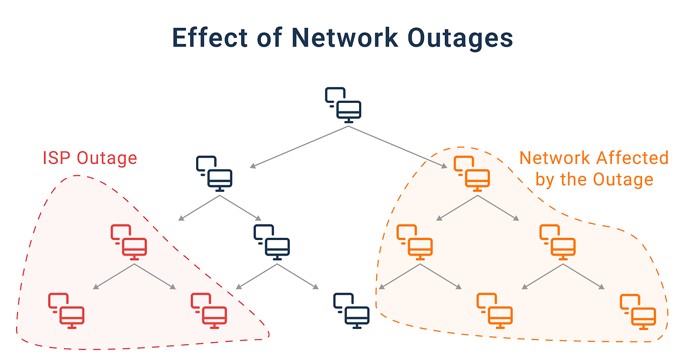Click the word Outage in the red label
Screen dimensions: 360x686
(107, 158)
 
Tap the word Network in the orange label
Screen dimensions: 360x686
(555, 158)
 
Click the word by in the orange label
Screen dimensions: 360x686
(545, 179)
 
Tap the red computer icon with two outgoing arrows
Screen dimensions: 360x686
(129, 243)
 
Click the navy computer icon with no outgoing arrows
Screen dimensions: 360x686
(352, 311)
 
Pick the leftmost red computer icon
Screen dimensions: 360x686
(66, 311)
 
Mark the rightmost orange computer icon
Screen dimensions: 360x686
(638, 311)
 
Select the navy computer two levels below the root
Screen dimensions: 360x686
(272, 243)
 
